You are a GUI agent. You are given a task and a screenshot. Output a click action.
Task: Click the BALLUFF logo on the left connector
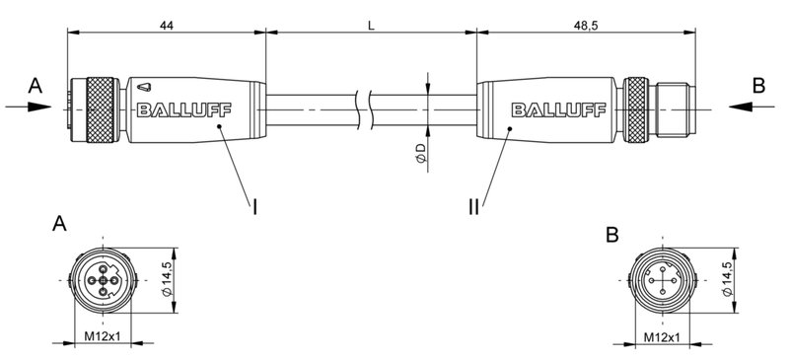pyautogui.click(x=179, y=109)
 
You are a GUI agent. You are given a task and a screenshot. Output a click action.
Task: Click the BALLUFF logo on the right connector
pyautogui.click(x=550, y=109)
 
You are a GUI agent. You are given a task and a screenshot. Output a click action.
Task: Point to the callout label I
pyautogui.click(x=255, y=206)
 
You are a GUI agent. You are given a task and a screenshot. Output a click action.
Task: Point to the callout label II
pyautogui.click(x=472, y=206)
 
